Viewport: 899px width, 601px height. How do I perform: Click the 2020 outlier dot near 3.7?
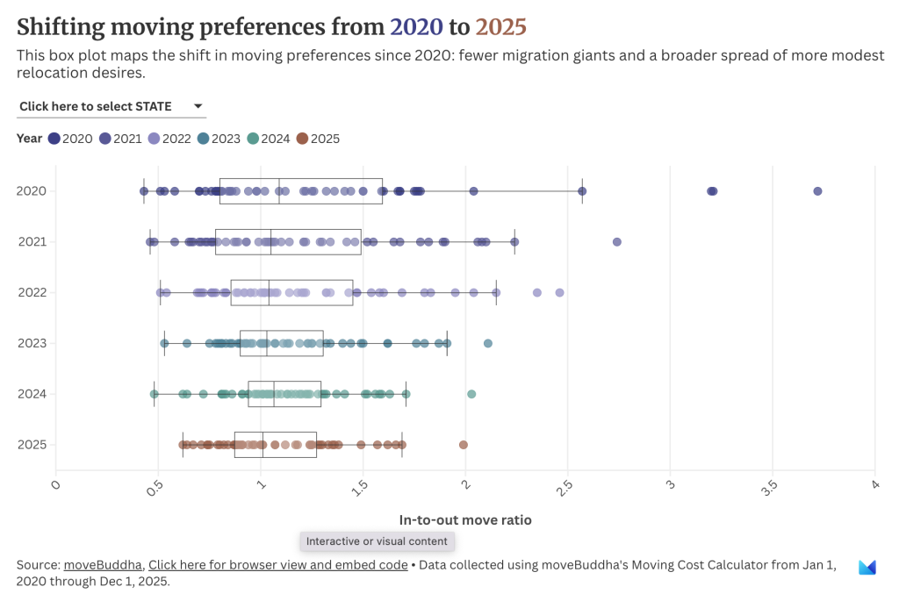[817, 191]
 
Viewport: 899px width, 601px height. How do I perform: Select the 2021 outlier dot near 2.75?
[616, 242]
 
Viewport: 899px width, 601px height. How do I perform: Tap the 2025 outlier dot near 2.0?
[464, 445]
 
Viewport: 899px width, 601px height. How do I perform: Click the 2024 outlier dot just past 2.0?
[471, 394]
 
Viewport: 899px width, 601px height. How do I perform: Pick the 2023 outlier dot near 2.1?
[488, 343]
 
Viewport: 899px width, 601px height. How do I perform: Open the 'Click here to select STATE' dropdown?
[111, 106]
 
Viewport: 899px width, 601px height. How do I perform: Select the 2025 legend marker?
[302, 139]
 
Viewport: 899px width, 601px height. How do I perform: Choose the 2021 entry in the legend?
[120, 139]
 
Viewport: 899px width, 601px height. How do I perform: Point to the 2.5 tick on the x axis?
[567, 488]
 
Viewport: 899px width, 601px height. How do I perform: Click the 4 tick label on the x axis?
[874, 484]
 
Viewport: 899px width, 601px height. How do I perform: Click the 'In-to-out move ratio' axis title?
[465, 519]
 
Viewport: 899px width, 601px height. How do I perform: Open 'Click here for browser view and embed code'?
[278, 565]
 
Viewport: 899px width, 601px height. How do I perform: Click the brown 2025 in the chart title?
[500, 26]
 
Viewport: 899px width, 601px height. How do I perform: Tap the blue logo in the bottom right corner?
[867, 568]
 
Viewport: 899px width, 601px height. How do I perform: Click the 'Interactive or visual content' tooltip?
[377, 541]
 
